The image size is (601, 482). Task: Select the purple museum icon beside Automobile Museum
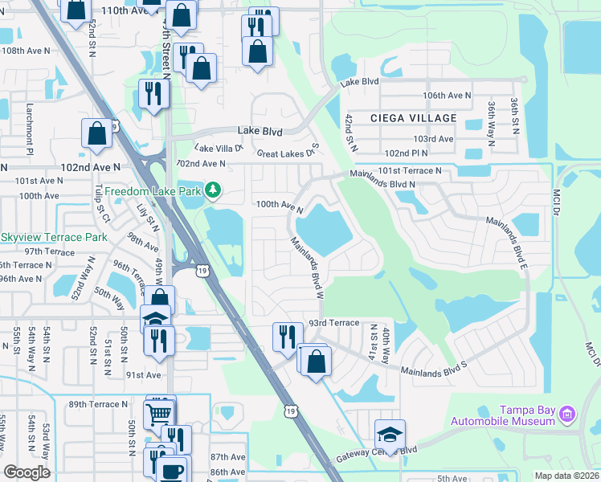click(569, 414)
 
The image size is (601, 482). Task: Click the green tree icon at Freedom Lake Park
click(213, 190)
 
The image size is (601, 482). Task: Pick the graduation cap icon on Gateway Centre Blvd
click(390, 434)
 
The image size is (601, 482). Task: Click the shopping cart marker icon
click(159, 414)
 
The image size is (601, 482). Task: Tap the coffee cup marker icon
click(173, 469)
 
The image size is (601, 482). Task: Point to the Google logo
click(27, 472)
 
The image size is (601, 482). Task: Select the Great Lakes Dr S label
click(288, 153)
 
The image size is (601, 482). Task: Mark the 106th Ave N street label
click(447, 96)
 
